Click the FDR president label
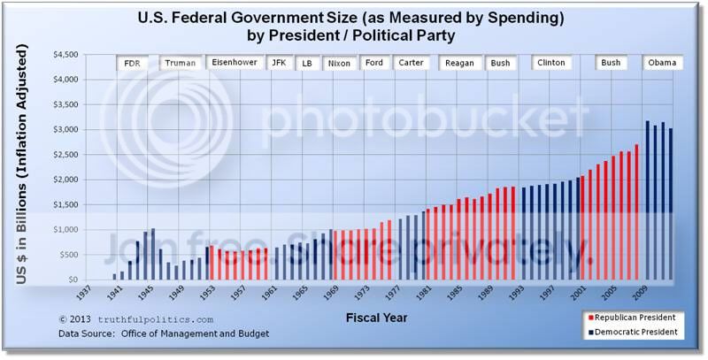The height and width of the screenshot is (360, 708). click(133, 64)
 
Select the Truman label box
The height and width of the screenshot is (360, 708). click(181, 64)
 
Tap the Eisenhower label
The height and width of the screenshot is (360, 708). click(234, 64)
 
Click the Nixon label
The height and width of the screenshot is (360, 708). click(339, 64)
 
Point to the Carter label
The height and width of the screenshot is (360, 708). click(411, 64)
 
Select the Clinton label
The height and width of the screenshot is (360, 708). click(550, 64)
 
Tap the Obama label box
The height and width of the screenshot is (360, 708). click(662, 64)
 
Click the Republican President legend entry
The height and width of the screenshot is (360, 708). click(634, 316)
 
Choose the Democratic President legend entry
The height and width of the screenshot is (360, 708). click(634, 332)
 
